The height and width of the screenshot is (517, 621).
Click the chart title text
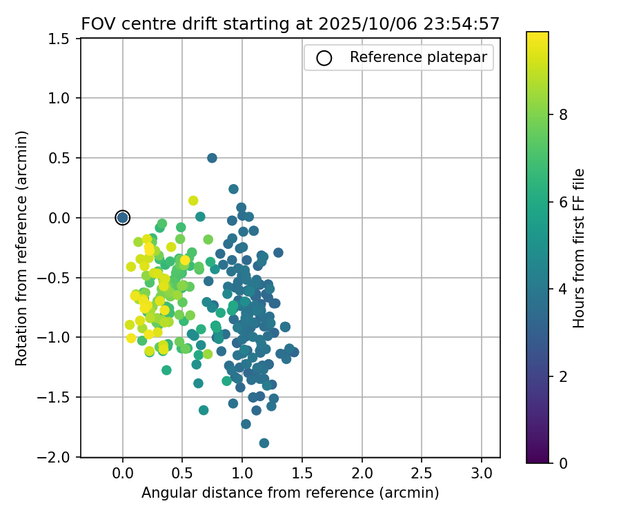click(x=290, y=23)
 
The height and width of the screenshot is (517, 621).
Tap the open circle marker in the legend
click(x=324, y=58)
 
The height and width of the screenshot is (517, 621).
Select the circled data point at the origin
click(x=123, y=218)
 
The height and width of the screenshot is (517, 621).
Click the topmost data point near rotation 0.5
click(x=212, y=158)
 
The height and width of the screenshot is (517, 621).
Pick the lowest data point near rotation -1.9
click(x=264, y=443)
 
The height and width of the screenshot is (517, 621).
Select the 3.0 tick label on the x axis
click(x=481, y=474)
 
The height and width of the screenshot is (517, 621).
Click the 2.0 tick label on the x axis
click(x=362, y=474)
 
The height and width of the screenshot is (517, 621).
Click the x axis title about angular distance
click(x=290, y=493)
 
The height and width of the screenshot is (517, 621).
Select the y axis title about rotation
click(x=21, y=248)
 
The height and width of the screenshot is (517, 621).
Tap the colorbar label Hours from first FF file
click(x=580, y=248)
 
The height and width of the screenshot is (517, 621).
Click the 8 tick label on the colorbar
click(x=563, y=115)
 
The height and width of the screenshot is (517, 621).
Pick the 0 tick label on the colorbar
click(x=563, y=463)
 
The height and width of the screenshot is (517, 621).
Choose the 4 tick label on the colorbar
click(x=563, y=290)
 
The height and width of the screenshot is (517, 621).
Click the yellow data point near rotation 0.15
click(x=193, y=201)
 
